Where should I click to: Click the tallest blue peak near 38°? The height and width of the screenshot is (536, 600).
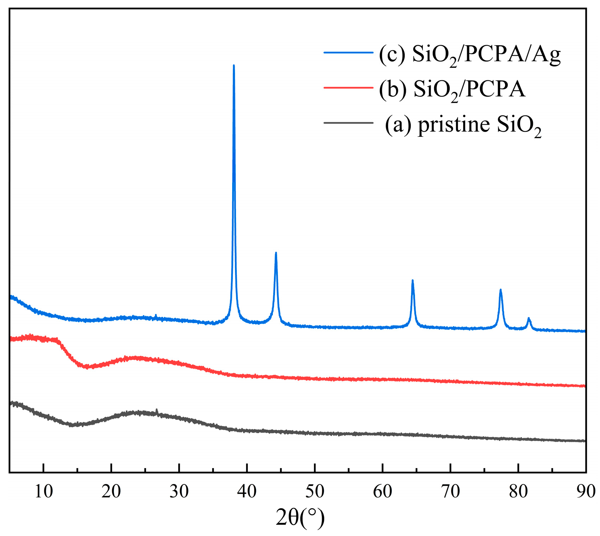click(234, 66)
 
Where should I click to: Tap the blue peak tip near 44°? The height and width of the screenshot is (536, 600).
click(276, 254)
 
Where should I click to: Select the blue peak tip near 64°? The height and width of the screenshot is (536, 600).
click(412, 281)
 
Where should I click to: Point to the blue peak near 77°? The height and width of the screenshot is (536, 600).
click(501, 290)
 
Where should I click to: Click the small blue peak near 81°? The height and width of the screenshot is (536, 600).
click(529, 319)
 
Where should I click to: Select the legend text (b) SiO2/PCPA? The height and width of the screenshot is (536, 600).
click(452, 90)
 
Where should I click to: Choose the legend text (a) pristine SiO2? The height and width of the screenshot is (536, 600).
click(463, 126)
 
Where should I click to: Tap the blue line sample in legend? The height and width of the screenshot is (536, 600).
click(348, 52)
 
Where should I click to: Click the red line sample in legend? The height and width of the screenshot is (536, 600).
click(348, 87)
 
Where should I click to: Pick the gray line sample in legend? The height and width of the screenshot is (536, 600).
click(348, 123)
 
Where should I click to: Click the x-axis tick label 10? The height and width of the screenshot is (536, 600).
click(44, 491)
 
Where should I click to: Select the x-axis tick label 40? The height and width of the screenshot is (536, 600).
click(247, 491)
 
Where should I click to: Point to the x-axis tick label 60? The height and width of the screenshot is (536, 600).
click(382, 491)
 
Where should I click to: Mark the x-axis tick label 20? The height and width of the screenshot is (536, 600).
click(111, 491)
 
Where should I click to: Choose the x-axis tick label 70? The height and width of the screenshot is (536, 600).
click(450, 491)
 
